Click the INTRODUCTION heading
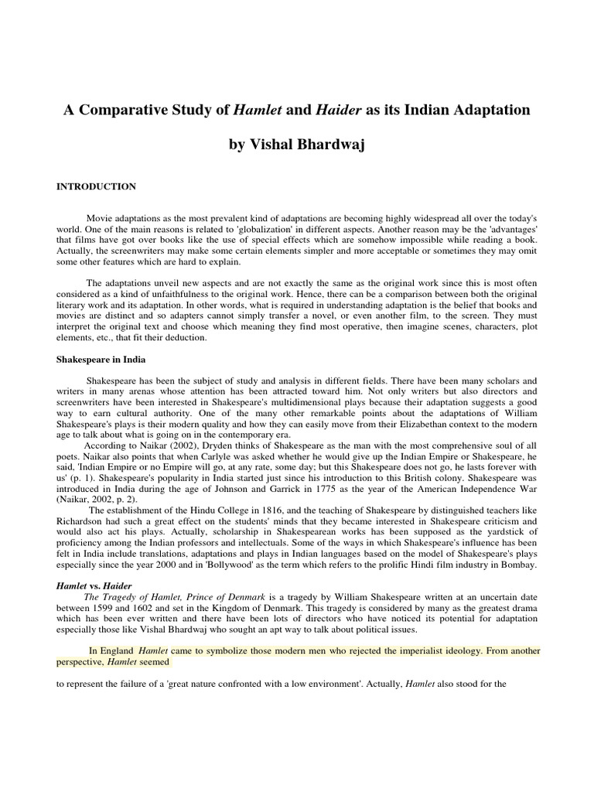click(x=97, y=186)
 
